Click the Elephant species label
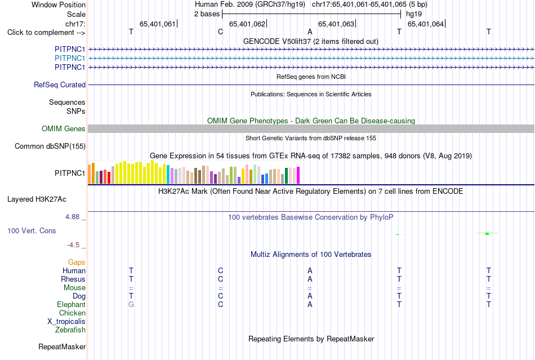[x=71, y=304]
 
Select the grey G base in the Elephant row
[x=131, y=304]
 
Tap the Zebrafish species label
[x=70, y=330]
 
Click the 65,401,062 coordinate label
[x=247, y=24]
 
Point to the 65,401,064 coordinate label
[x=426, y=24]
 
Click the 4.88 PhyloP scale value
[x=72, y=217]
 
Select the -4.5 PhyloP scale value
[x=73, y=245]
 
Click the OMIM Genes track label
[x=64, y=128]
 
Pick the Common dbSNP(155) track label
[x=50, y=146]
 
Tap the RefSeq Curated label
[x=60, y=85]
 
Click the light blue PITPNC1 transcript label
[x=70, y=59]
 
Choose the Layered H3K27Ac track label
[x=37, y=199]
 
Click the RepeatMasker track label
[x=62, y=347]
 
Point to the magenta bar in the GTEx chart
[x=298, y=175]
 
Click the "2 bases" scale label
[x=207, y=14]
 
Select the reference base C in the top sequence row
[x=220, y=32]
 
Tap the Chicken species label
[x=72, y=313]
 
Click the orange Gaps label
[x=77, y=263]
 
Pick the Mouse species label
[x=74, y=288]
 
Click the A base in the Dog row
[x=310, y=296]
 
